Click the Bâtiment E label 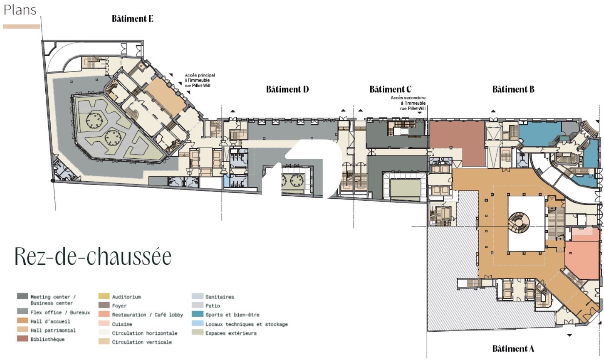[x=133, y=19]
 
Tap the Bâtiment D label [x=287, y=89]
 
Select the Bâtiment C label [x=390, y=89]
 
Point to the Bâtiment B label [x=513, y=89]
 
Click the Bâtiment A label [x=513, y=349]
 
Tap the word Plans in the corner [x=20, y=10]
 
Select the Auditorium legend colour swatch [x=104, y=296]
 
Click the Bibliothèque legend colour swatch [x=22, y=339]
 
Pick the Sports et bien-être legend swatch [x=197, y=314]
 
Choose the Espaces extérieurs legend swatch [x=197, y=332]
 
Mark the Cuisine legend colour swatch [x=104, y=323]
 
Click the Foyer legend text [x=119, y=306]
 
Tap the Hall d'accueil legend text [x=50, y=321]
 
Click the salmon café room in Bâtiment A [x=583, y=260]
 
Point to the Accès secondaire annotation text [x=408, y=103]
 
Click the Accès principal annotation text [x=200, y=80]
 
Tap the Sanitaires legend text [x=220, y=297]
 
